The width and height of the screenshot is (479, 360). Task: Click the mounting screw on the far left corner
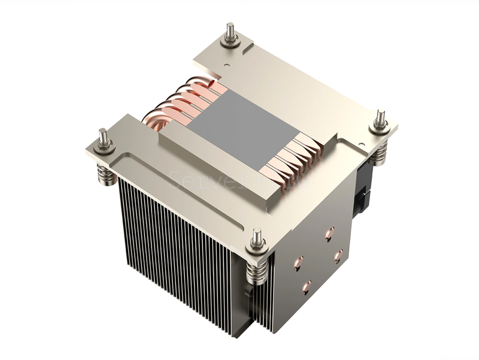(102, 138)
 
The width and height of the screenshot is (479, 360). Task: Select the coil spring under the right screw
(380, 153)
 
